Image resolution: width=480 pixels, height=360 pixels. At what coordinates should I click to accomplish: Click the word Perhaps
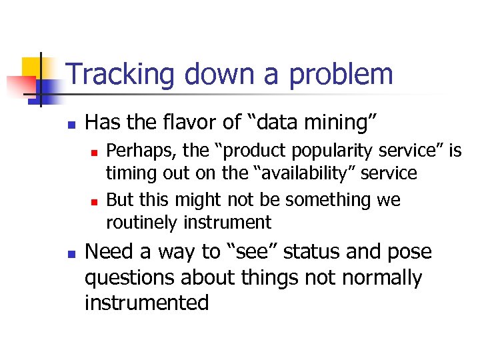tap(139, 151)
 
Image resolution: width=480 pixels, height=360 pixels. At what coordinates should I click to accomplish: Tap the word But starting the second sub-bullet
tap(121, 199)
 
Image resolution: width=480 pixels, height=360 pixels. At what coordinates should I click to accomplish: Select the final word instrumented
tap(147, 303)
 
